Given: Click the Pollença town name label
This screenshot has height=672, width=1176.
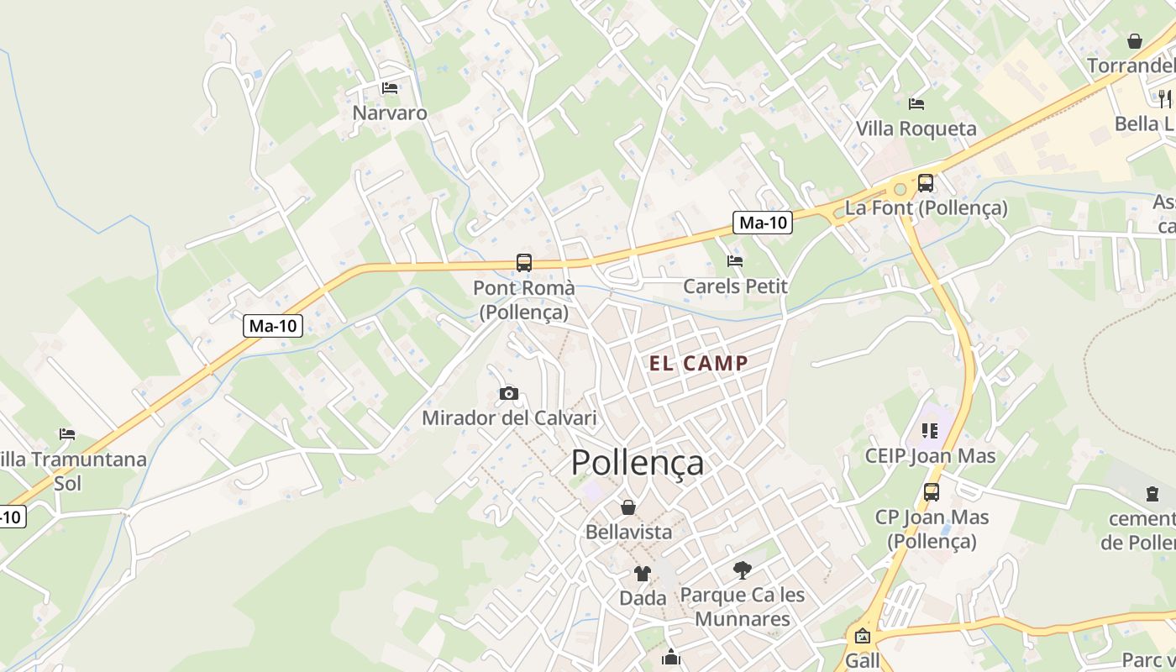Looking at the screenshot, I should [638, 462].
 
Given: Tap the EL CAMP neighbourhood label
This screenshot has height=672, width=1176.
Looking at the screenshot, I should [698, 364].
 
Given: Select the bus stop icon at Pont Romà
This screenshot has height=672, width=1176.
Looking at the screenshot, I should [524, 262].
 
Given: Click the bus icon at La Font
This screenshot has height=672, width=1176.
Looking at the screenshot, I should [926, 182].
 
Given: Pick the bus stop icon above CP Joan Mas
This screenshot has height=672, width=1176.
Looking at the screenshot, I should [932, 492].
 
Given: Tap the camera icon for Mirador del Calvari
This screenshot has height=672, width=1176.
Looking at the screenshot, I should [508, 393].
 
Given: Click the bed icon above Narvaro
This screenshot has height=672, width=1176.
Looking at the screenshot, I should [390, 87].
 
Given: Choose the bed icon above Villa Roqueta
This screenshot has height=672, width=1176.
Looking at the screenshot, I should [916, 103].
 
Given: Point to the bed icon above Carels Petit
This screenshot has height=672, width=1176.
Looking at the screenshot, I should [735, 260].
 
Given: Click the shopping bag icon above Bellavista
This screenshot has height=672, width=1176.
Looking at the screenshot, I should [628, 507].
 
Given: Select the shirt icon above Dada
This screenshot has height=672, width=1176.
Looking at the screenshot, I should [643, 574].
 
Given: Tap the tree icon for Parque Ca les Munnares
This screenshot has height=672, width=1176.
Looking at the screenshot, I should [742, 570].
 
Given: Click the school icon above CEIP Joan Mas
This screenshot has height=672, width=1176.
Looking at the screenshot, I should [930, 431].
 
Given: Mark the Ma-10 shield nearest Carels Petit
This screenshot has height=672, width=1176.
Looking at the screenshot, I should [764, 223].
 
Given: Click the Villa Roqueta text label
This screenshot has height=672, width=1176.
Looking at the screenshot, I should [916, 129].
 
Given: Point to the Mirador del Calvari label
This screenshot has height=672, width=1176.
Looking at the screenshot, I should [509, 417].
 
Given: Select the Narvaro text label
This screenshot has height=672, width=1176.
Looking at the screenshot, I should [390, 113].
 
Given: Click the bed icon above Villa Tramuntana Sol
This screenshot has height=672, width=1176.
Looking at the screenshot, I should [67, 434].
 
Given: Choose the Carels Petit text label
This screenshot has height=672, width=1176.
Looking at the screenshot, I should [735, 286].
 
